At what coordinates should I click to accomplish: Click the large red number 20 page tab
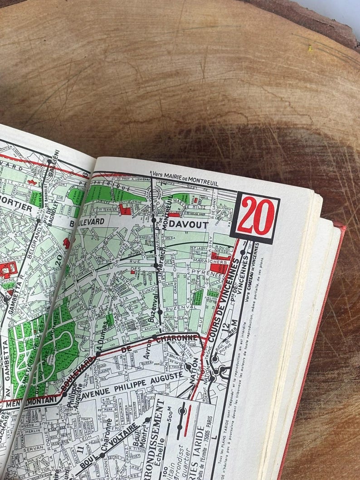point(255,217)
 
